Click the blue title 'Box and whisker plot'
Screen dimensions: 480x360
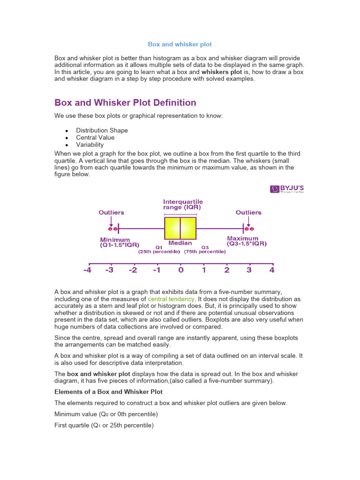(x=180, y=44)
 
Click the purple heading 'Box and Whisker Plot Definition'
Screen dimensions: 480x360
(x=125, y=103)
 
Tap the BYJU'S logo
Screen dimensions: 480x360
(x=287, y=189)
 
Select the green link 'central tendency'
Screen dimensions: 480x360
(x=171, y=299)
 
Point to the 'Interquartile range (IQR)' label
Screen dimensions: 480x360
(x=183, y=204)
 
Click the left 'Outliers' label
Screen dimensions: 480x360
(x=111, y=212)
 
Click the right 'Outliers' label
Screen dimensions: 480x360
(x=248, y=212)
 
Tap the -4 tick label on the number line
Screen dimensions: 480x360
(x=87, y=270)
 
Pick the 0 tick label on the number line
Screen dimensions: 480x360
(x=180, y=270)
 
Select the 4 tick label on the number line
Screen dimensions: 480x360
(x=272, y=270)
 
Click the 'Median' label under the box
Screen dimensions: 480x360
(x=180, y=243)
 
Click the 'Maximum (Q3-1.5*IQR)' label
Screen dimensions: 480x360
(x=247, y=241)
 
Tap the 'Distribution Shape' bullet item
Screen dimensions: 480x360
(x=102, y=130)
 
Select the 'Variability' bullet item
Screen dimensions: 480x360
(x=90, y=145)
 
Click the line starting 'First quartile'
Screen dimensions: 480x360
(x=104, y=426)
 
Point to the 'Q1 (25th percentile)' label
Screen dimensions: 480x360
(x=159, y=249)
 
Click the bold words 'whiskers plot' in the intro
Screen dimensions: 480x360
(x=222, y=72)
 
